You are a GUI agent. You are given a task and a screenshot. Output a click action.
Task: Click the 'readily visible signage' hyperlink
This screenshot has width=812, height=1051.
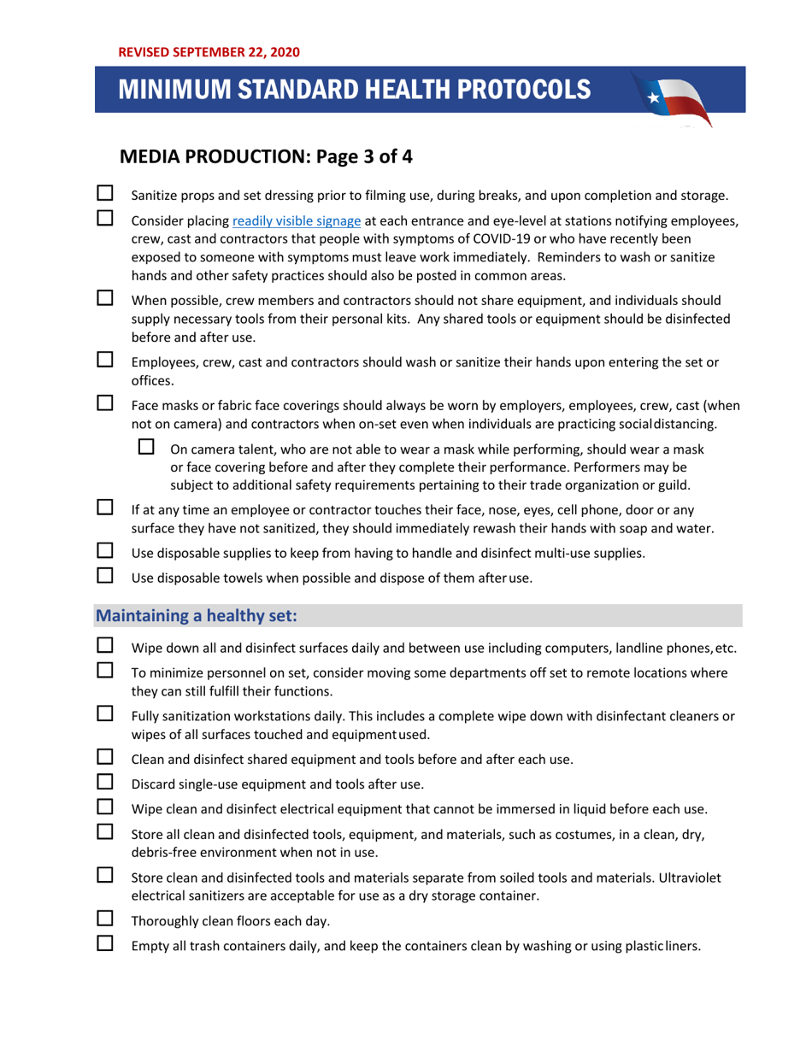pyautogui.click(x=290, y=223)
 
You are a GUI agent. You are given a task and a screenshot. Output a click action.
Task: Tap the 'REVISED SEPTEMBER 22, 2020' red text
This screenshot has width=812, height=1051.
pyautogui.click(x=209, y=52)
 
